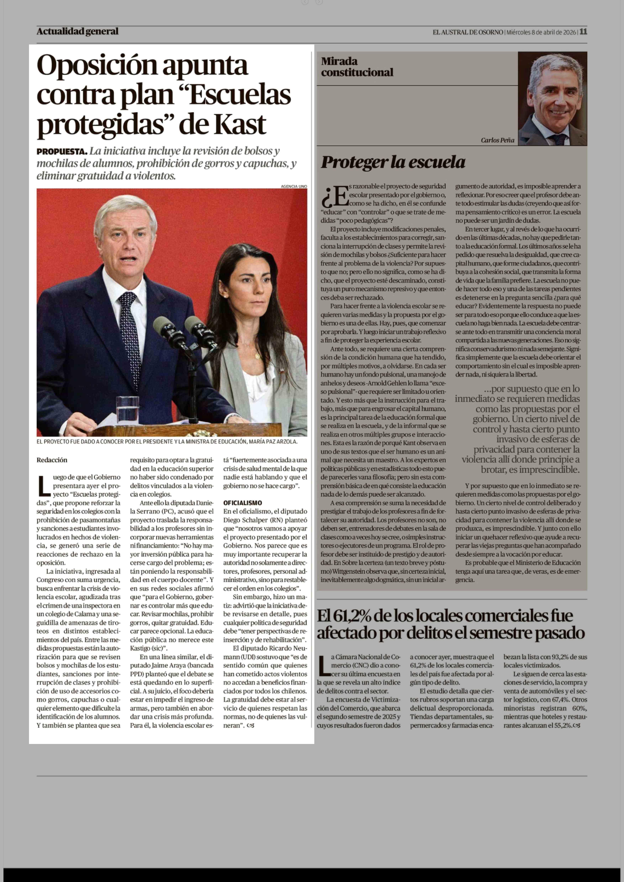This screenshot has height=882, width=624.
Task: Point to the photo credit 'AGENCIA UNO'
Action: (x=294, y=186)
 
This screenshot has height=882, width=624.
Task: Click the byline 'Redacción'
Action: (x=52, y=460)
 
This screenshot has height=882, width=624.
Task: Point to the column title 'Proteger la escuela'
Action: (x=393, y=162)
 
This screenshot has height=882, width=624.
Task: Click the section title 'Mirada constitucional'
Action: (x=357, y=67)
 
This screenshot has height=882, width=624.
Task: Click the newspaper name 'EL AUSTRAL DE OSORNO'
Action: (x=468, y=32)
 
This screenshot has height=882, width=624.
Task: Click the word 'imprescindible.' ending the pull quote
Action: (x=549, y=470)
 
